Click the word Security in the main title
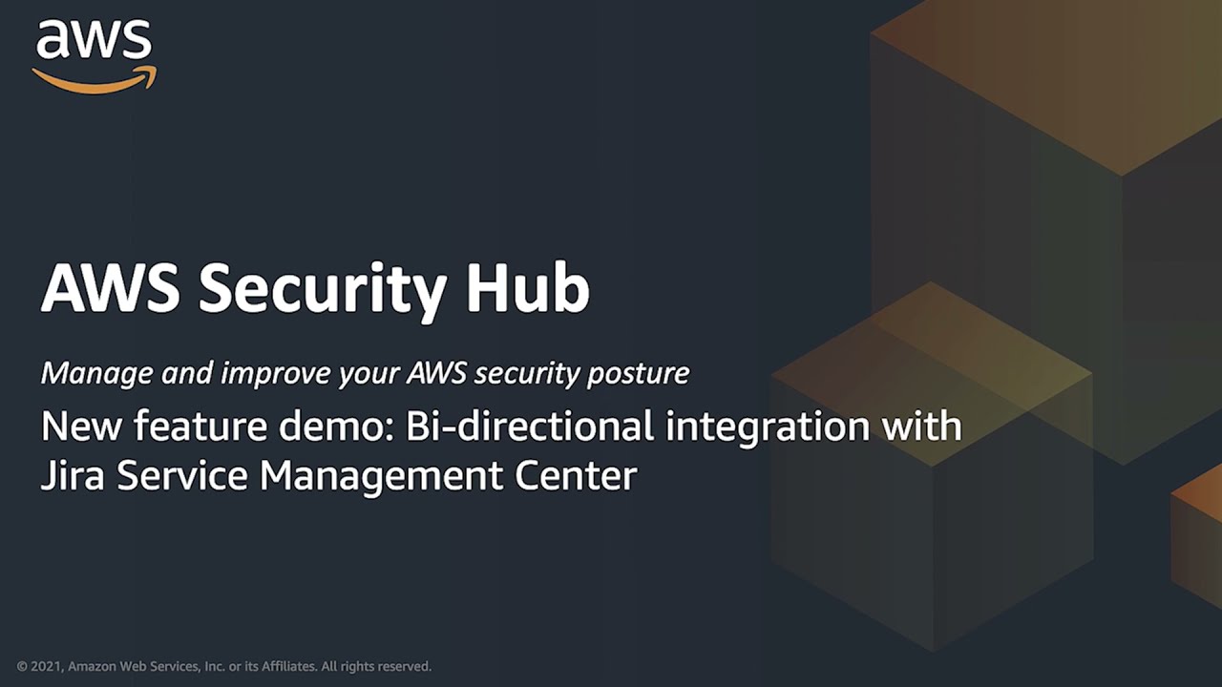tap(323, 290)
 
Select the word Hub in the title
tap(528, 287)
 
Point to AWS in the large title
tap(111, 287)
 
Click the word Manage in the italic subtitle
tap(96, 374)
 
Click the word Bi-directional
tap(529, 426)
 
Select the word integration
tap(768, 427)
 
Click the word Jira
tap(72, 475)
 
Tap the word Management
tap(381, 476)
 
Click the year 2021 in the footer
tap(48, 666)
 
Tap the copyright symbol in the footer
tap(22, 666)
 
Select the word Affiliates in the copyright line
tap(289, 666)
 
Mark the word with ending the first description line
tap(922, 426)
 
